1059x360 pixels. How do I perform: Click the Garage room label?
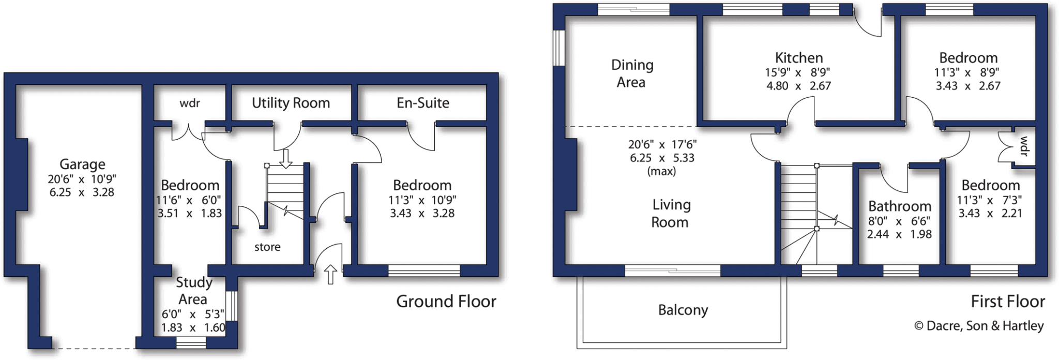(82, 164)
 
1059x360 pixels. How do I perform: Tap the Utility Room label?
(291, 103)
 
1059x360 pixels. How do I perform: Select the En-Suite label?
(422, 103)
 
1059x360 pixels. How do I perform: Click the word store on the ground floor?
(267, 247)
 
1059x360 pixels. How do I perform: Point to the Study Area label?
(193, 291)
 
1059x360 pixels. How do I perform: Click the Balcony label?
(683, 310)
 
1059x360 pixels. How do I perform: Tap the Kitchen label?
(798, 58)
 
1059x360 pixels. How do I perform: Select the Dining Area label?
(632, 73)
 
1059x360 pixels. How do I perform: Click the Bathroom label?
(899, 206)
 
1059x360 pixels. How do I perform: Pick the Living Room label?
(671, 213)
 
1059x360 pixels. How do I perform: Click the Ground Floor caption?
(446, 302)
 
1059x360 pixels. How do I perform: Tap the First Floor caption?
(1007, 302)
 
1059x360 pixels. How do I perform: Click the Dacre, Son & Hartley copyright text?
(979, 326)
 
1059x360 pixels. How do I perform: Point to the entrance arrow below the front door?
(331, 274)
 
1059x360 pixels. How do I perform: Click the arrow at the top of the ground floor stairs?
(285, 157)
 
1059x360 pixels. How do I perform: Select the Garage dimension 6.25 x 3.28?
(82, 192)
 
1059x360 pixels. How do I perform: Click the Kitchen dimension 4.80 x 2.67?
(798, 86)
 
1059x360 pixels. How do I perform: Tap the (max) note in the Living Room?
(661, 171)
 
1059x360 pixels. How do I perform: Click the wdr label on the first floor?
(1024, 146)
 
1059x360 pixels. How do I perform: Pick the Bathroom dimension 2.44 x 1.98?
(899, 234)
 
